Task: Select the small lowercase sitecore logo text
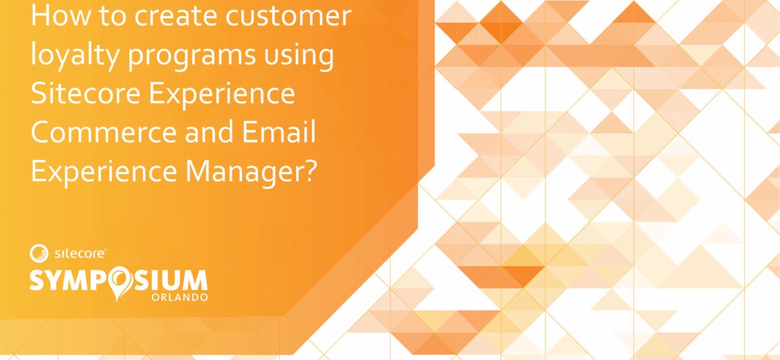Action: click(77, 253)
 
